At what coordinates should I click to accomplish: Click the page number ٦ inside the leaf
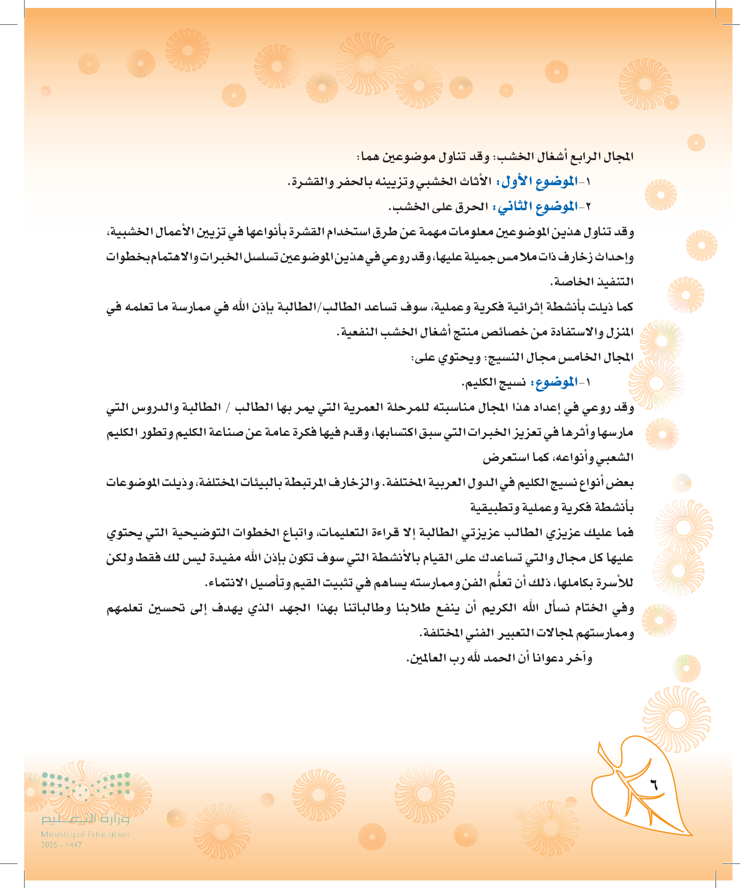(654, 785)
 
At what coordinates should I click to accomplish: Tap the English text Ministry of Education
(85, 834)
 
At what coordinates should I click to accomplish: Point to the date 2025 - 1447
(61, 845)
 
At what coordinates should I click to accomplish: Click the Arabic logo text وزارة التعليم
(85, 819)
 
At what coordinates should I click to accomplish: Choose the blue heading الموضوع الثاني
(537, 206)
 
